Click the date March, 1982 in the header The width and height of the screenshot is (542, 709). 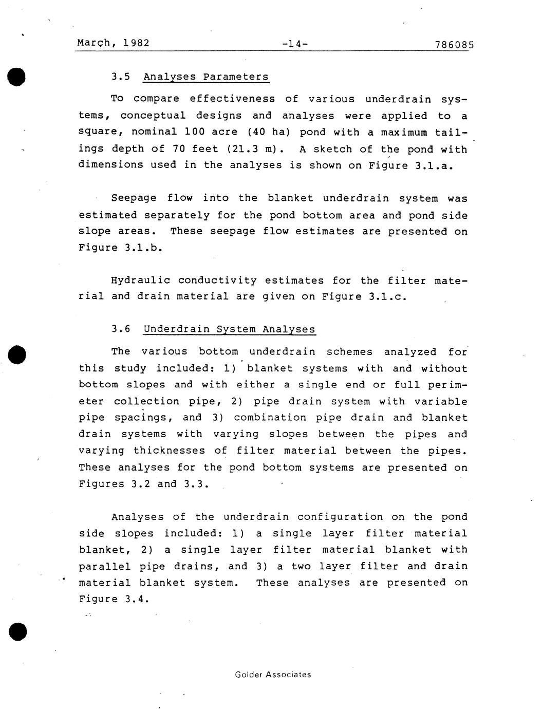pos(113,43)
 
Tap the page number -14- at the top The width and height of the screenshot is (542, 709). pos(295,44)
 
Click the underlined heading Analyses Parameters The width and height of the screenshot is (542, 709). pos(205,77)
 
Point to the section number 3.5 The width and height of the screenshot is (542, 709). pos(121,77)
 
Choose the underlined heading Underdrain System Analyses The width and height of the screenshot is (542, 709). pos(229,329)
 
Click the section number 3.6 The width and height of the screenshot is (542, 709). pos(121,329)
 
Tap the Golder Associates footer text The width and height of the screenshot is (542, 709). pos(273,675)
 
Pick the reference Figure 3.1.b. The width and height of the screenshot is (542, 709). pos(120,248)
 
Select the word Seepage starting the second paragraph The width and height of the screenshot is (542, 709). pos(133,198)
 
